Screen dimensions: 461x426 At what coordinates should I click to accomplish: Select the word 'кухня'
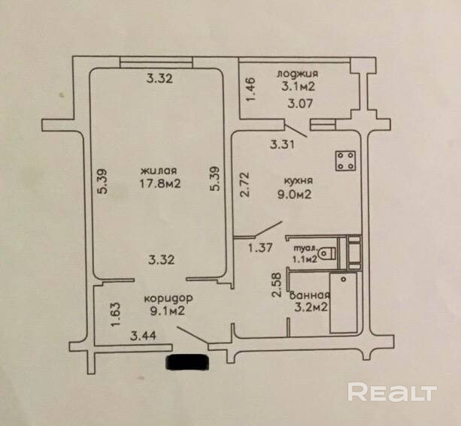(298, 181)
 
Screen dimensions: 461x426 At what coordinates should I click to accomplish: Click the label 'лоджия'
(298, 74)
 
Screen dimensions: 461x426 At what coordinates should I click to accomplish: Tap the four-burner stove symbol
(347, 160)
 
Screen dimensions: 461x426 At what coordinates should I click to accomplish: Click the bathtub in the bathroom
(348, 304)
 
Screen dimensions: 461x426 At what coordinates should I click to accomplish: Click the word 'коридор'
(163, 297)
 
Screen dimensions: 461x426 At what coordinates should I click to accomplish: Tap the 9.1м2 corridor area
(165, 309)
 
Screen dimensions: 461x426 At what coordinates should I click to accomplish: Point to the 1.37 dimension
(262, 247)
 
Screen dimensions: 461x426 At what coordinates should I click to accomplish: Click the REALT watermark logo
(393, 392)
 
